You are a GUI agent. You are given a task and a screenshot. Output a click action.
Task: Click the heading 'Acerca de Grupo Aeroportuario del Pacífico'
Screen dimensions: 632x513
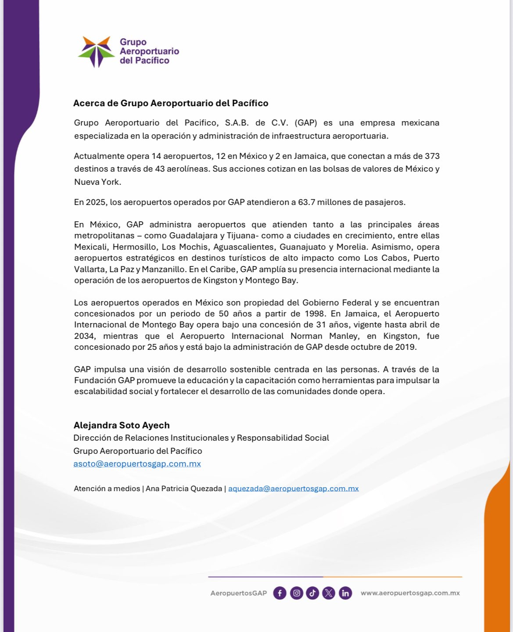[171, 103]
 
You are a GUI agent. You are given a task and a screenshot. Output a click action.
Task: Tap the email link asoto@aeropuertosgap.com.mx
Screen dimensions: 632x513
[137, 464]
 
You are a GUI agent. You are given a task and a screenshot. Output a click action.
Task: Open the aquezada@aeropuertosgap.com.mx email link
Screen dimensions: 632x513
[293, 488]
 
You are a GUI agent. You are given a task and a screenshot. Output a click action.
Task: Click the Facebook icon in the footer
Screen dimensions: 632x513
[280, 593]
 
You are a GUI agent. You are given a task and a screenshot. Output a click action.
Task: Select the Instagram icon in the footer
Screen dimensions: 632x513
[297, 593]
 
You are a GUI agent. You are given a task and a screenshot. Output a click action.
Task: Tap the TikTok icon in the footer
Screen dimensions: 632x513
[312, 593]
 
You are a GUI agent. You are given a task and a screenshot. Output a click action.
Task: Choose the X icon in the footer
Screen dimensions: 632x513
[329, 593]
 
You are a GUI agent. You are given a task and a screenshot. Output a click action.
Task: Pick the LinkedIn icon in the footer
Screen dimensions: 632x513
[345, 593]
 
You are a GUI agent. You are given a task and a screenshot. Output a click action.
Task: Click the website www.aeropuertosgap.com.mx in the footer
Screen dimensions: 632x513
[410, 593]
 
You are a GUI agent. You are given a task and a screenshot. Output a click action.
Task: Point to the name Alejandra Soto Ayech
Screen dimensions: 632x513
[122, 425]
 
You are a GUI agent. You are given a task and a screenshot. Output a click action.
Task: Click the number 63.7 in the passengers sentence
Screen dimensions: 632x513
[306, 202]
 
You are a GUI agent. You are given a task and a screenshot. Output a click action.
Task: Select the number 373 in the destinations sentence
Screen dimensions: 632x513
[432, 156]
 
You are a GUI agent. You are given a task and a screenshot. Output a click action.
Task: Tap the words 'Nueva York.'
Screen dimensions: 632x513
[97, 182]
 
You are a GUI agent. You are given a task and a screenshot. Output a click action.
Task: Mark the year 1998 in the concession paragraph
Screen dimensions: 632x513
[314, 314]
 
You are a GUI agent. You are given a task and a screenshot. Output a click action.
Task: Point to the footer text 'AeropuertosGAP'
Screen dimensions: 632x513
[238, 593]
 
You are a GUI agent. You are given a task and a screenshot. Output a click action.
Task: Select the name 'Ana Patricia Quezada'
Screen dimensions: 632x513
[184, 488]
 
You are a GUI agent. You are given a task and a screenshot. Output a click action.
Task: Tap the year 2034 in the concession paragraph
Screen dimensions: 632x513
[84, 336]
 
